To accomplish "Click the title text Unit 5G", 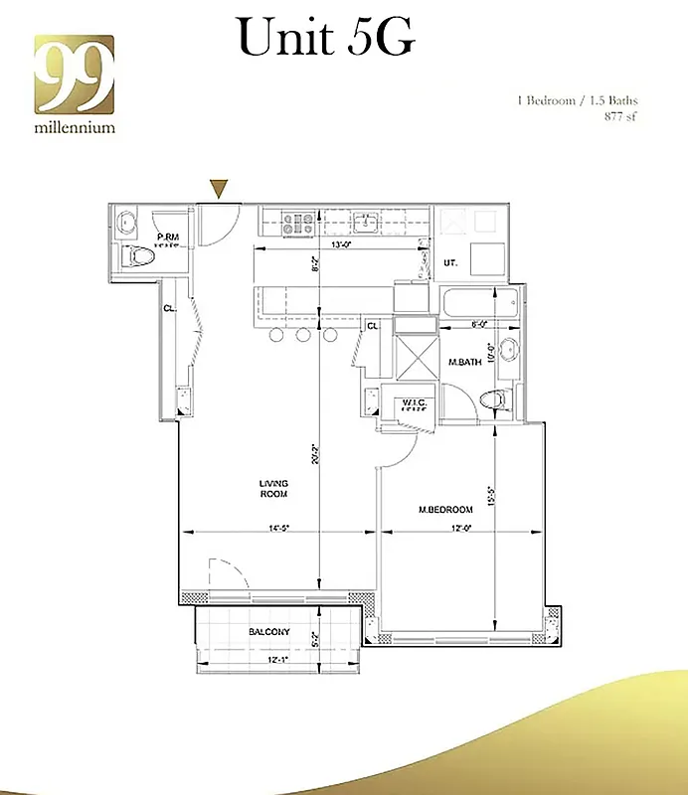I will coord(325,40).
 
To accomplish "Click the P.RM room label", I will coord(168,237).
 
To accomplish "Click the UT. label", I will coord(449,263).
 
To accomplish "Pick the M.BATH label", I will coord(464,363).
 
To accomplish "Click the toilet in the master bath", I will coord(494,398).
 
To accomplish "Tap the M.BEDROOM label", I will coord(444,510).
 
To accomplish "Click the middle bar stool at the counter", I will coord(303,336).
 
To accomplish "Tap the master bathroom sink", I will coord(507,348).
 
